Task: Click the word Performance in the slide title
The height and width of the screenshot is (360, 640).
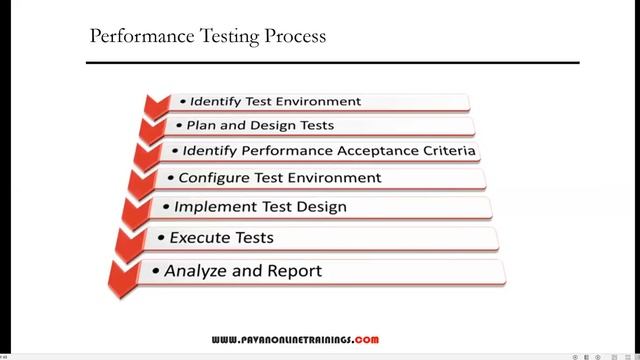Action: (x=131, y=37)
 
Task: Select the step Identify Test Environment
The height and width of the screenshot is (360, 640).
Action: (x=275, y=101)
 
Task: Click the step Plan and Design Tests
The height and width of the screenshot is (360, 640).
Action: (x=260, y=126)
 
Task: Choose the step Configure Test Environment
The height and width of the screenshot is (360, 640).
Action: (x=280, y=178)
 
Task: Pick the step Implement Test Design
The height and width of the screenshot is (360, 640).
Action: (x=260, y=207)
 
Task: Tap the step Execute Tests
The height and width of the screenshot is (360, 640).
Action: (x=221, y=238)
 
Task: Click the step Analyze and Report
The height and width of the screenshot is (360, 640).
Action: (x=243, y=270)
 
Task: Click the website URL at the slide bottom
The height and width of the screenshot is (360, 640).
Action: (x=295, y=340)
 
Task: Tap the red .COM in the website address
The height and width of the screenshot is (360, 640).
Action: (x=366, y=340)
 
